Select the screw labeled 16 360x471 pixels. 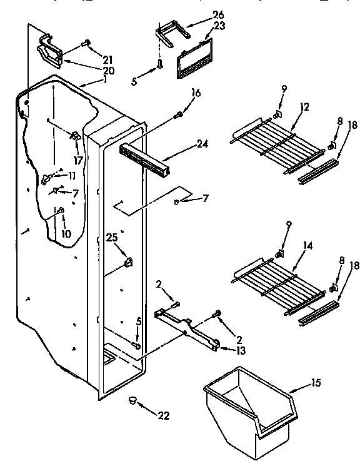179,114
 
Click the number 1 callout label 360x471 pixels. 106,79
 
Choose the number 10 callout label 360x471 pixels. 66,233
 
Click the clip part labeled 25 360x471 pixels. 129,261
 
